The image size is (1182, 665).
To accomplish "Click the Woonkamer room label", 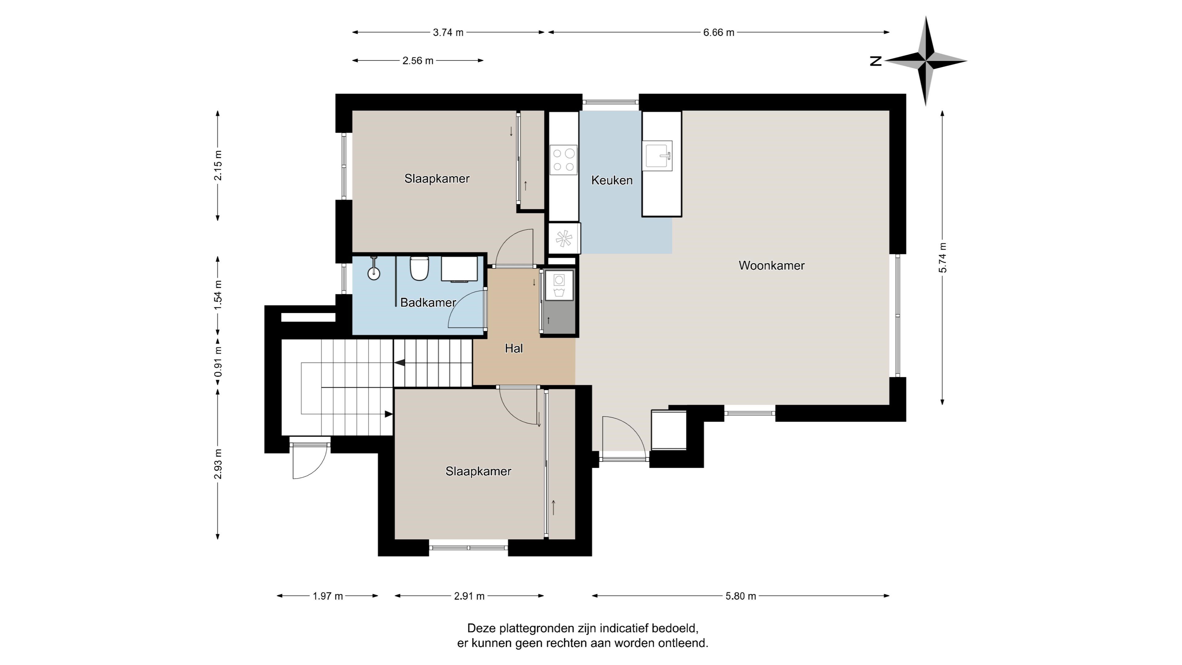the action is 771,265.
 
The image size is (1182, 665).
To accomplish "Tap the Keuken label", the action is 612,180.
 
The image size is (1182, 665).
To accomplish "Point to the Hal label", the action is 513,348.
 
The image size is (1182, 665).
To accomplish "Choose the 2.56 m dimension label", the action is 418,61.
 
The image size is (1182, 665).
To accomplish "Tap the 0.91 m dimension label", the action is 218,361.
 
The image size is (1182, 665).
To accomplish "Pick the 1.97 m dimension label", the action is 328,596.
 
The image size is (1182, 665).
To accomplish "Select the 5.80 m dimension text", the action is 741,596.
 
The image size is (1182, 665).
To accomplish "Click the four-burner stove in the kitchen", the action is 564,160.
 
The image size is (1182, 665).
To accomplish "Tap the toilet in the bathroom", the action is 419,268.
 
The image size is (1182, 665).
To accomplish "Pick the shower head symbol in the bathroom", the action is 374,270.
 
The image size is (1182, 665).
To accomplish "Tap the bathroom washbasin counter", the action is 459,269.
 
